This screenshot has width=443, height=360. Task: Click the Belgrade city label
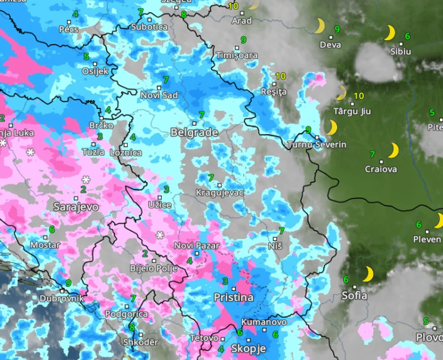194,133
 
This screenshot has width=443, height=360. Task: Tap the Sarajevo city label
76,207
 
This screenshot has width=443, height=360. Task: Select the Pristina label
233,298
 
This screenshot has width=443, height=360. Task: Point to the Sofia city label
354,296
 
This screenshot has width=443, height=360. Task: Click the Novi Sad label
159,96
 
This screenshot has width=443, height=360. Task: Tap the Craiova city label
381,169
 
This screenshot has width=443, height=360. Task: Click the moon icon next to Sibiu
389,33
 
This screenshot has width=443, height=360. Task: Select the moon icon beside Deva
320,26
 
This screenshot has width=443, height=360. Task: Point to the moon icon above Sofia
368,274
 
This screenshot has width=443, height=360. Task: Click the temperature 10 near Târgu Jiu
359,96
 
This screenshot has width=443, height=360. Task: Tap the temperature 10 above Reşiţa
280,76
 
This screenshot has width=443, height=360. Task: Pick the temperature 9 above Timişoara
244,40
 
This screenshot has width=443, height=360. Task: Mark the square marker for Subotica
149,20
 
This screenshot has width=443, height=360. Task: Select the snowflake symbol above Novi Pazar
160,235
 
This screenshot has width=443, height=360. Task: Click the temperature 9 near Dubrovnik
68,283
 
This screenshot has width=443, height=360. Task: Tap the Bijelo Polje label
154,269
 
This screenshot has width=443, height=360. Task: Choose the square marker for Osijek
95,64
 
